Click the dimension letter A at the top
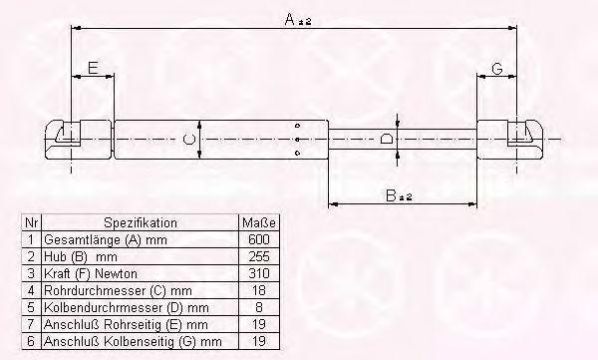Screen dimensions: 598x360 (290, 19)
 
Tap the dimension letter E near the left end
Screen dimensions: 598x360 (93, 68)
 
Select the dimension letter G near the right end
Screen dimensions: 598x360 (497, 69)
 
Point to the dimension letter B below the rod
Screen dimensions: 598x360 (392, 195)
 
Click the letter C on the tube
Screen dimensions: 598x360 (188, 139)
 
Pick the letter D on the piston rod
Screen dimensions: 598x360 (387, 139)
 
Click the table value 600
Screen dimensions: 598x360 (258, 239)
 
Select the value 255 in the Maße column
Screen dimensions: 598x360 (259, 256)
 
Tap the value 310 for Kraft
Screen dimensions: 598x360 (258, 273)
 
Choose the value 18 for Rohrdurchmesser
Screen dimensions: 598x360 (258, 290)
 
